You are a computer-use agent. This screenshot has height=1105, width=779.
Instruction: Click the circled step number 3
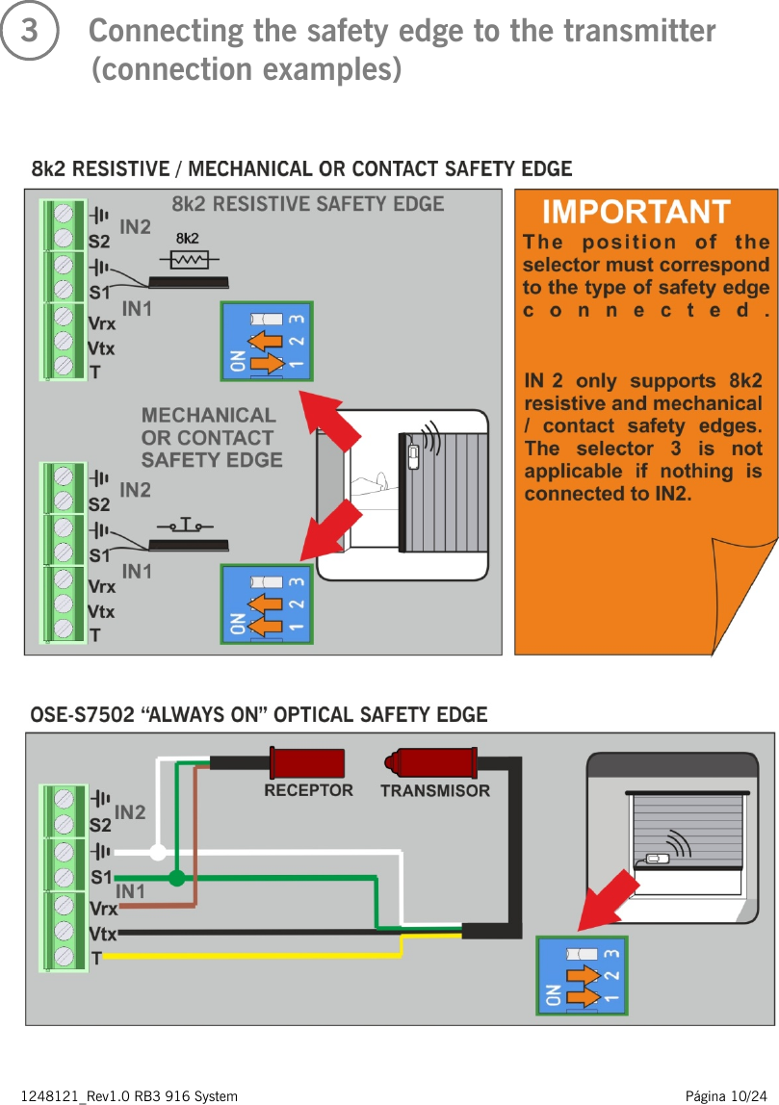(30, 32)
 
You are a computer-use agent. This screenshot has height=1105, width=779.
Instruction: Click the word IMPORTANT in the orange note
(636, 211)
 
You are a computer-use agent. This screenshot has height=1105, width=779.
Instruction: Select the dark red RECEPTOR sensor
(309, 763)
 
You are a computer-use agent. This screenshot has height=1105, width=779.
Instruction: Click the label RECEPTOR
(309, 790)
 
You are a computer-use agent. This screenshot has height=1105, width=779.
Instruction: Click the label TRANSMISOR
(435, 791)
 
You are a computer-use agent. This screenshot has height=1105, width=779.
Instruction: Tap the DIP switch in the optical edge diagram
(581, 975)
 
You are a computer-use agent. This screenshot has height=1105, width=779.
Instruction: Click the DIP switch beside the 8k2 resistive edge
(266, 342)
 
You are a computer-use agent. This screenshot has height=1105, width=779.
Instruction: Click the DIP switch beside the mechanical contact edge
(266, 604)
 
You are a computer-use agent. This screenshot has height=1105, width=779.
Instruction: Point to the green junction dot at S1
(176, 877)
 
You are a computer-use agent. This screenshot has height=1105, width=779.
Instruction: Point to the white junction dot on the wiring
(158, 852)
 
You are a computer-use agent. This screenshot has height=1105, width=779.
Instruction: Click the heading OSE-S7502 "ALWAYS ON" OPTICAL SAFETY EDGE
(258, 715)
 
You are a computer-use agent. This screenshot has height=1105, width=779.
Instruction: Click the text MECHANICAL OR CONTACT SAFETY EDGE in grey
(211, 437)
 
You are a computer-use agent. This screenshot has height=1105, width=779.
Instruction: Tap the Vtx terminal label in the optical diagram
(102, 934)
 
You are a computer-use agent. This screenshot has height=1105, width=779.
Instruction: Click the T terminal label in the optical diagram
(96, 958)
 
